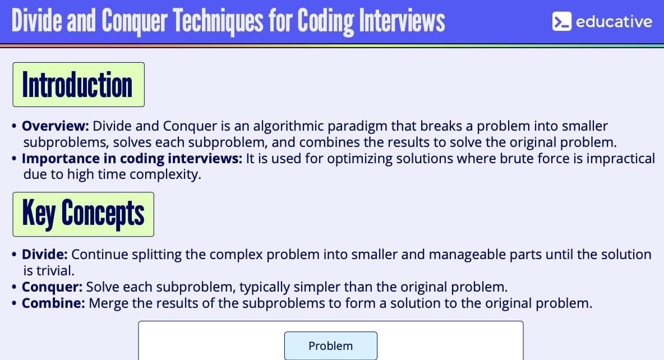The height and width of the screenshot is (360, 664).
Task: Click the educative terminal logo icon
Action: pos(561,21)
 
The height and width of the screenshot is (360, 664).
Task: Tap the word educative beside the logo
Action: pos(614,22)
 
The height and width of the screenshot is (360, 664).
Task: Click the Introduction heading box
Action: pos(79,85)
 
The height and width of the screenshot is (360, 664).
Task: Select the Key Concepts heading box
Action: pos(84,214)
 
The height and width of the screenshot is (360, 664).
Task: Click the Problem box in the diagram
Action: pos(331,346)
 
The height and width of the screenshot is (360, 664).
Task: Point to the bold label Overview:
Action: pos(56,126)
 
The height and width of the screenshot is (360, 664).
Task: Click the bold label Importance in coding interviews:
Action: pos(132,158)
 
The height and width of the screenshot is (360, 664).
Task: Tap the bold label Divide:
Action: pos(45,254)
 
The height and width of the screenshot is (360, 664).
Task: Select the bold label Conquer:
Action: pos(52,287)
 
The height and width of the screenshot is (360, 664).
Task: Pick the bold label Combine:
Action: pos(53,303)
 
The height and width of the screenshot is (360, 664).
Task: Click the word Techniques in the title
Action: pos(219,21)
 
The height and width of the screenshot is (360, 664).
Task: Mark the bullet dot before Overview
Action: pos(15,126)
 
